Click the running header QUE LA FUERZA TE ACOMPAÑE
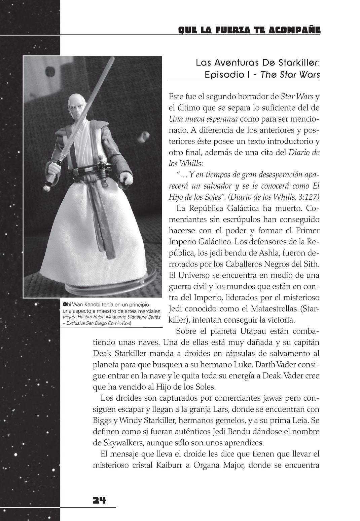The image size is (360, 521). (x=249, y=31)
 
